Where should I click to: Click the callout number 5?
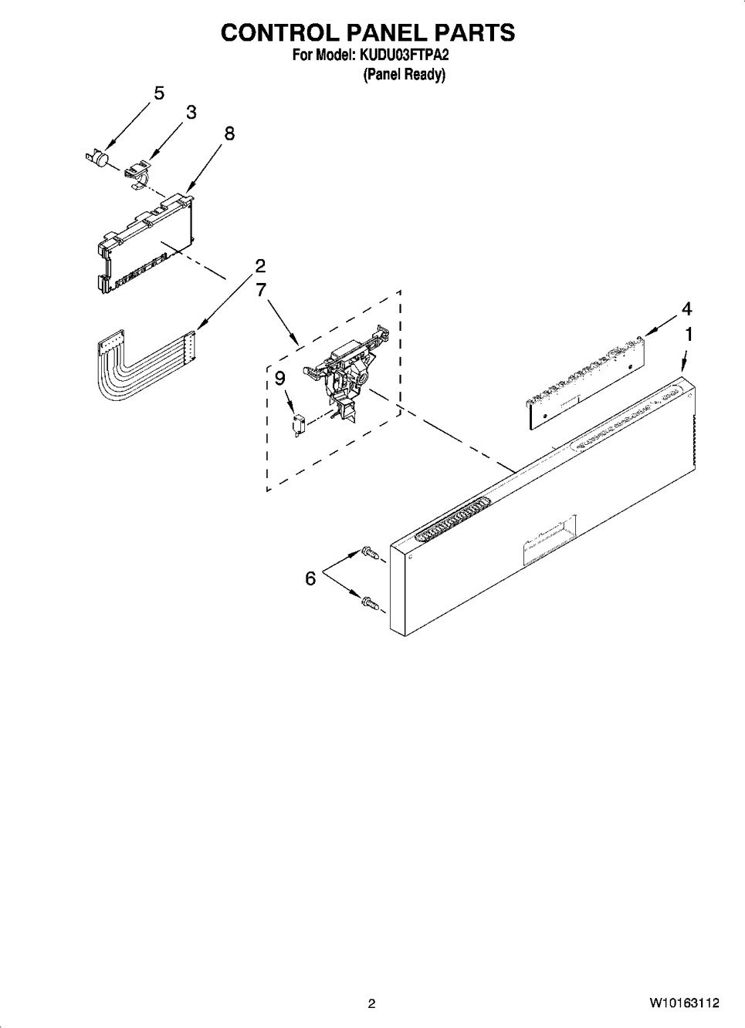click(158, 93)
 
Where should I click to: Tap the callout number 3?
click(191, 113)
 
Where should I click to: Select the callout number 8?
click(229, 133)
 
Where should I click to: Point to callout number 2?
click(260, 266)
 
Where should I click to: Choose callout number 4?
click(686, 309)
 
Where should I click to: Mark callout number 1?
click(688, 335)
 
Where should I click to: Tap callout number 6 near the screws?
click(310, 578)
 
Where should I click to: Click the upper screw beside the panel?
click(368, 553)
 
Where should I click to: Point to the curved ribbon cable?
click(139, 362)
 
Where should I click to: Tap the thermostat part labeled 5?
click(97, 157)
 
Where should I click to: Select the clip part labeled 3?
click(137, 171)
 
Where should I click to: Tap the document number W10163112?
click(683, 1003)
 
